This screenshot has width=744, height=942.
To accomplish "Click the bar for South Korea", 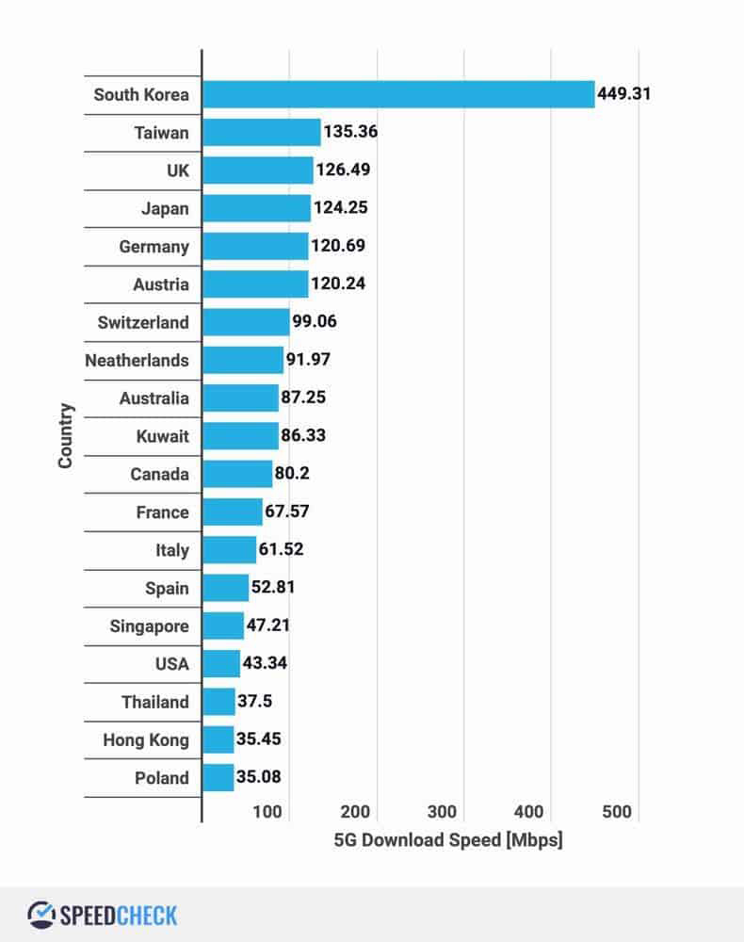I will pyautogui.click(x=398, y=94).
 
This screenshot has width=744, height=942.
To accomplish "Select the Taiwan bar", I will pyautogui.click(x=262, y=132).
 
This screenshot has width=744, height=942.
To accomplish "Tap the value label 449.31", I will pyautogui.click(x=624, y=94).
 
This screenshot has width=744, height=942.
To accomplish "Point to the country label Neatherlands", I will pyautogui.click(x=137, y=360).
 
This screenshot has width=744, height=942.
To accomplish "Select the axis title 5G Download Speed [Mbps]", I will pyautogui.click(x=447, y=839).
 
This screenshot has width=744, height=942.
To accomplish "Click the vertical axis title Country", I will pyautogui.click(x=65, y=436).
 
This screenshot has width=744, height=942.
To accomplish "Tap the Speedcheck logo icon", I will pyautogui.click(x=41, y=914).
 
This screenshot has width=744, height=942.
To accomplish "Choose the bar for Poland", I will pyautogui.click(x=218, y=777).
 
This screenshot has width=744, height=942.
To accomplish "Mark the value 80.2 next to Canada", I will pyautogui.click(x=292, y=474).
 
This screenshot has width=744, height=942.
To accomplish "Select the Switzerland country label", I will pyautogui.click(x=143, y=322).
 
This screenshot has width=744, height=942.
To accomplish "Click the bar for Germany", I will pyautogui.click(x=255, y=246).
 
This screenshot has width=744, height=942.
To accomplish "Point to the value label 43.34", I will pyautogui.click(x=265, y=663).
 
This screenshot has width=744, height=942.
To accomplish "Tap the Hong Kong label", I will pyautogui.click(x=146, y=739).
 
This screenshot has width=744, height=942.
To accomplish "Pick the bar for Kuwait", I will pyautogui.click(x=240, y=436).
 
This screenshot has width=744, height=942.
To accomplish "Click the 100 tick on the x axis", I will pyautogui.click(x=267, y=812).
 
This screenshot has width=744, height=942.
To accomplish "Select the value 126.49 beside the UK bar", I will pyautogui.click(x=344, y=171).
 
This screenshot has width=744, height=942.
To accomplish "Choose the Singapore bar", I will pyautogui.click(x=223, y=625).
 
